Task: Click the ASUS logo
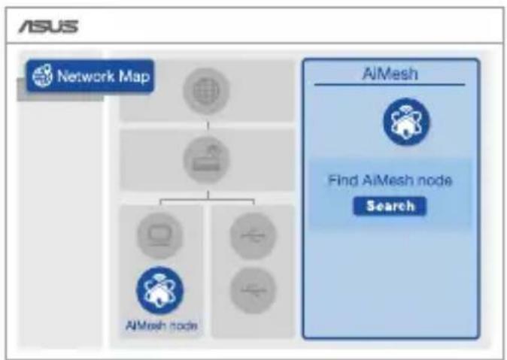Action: pyautogui.click(x=48, y=26)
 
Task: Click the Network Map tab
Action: pyautogui.click(x=90, y=77)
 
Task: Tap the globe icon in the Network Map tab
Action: pyautogui.click(x=42, y=76)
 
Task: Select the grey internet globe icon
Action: pyautogui.click(x=206, y=91)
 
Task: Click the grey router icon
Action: pyautogui.click(x=206, y=159)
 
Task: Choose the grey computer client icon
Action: pyautogui.click(x=159, y=235)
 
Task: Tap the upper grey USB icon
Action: pyautogui.click(x=254, y=235)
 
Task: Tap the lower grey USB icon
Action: pyautogui.click(x=254, y=291)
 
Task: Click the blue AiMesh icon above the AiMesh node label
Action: pyautogui.click(x=159, y=290)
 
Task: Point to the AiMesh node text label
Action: pyautogui.click(x=161, y=325)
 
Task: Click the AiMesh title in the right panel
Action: pyautogui.click(x=390, y=74)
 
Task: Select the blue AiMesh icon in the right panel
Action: pyautogui.click(x=407, y=122)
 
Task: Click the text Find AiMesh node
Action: pyautogui.click(x=390, y=180)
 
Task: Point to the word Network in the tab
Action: pyautogui.click(x=86, y=76)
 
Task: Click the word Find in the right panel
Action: pyautogui.click(x=343, y=180)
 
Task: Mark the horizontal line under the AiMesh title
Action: pyautogui.click(x=390, y=85)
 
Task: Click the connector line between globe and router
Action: pyautogui.click(x=208, y=126)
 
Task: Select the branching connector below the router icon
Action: pyautogui.click(x=208, y=201)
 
